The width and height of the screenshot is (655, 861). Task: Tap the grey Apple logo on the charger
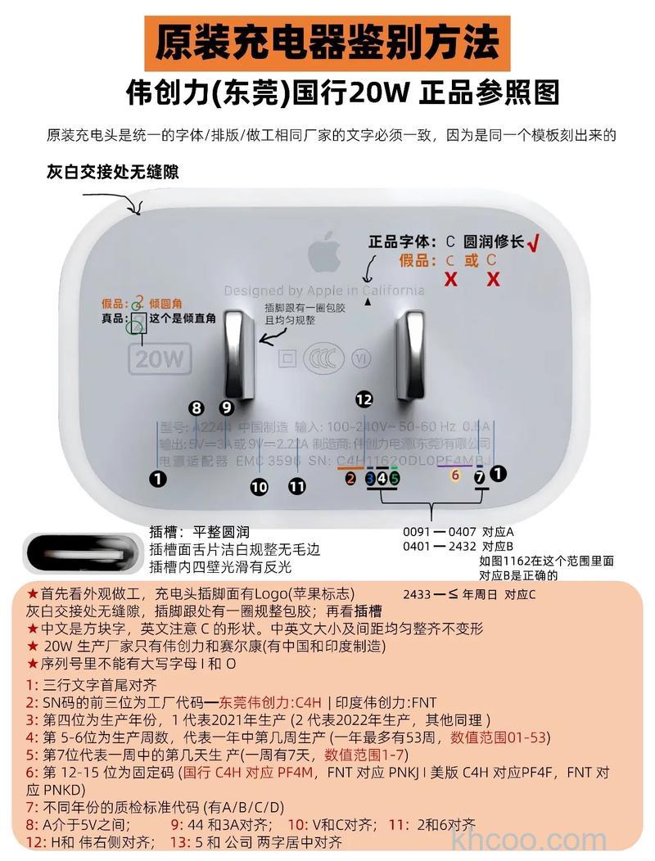click(325, 254)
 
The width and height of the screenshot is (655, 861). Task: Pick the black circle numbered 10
click(259, 487)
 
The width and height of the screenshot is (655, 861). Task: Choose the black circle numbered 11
click(296, 487)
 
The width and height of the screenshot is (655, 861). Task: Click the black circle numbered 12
click(364, 399)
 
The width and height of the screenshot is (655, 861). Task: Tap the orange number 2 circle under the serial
click(350, 478)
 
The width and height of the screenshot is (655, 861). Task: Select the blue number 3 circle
click(370, 478)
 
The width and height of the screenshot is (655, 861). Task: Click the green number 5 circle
click(394, 478)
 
